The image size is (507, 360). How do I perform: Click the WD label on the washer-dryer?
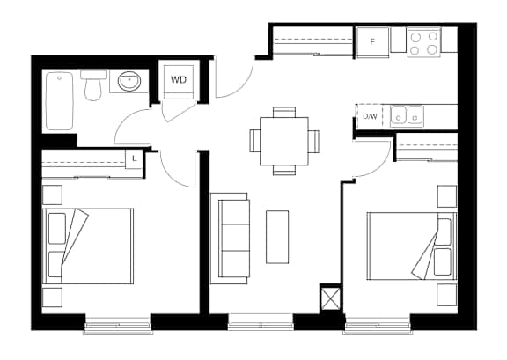point(179,79)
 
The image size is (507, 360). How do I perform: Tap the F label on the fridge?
point(372,42)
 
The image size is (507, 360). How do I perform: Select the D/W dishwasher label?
point(370,116)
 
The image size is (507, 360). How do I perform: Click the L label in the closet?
point(135,158)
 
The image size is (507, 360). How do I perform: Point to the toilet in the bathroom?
point(92,85)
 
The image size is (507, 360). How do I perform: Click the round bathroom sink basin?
point(129,81)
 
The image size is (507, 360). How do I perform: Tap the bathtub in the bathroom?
point(60,101)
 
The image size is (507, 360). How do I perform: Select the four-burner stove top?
point(424,43)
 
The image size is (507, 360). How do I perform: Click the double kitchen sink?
point(407,116)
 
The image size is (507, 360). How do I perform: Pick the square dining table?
point(284,142)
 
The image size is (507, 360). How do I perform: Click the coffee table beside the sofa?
point(277,237)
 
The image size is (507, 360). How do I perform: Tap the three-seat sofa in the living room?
point(230,239)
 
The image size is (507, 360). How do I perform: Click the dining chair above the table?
point(284,112)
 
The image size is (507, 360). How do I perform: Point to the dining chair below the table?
point(284,170)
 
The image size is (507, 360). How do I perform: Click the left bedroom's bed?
point(88,246)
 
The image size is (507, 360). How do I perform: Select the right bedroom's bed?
point(412,246)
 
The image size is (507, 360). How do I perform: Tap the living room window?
point(261,322)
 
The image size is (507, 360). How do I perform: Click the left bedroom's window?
point(118,324)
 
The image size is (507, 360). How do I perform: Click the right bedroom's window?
point(378,323)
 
